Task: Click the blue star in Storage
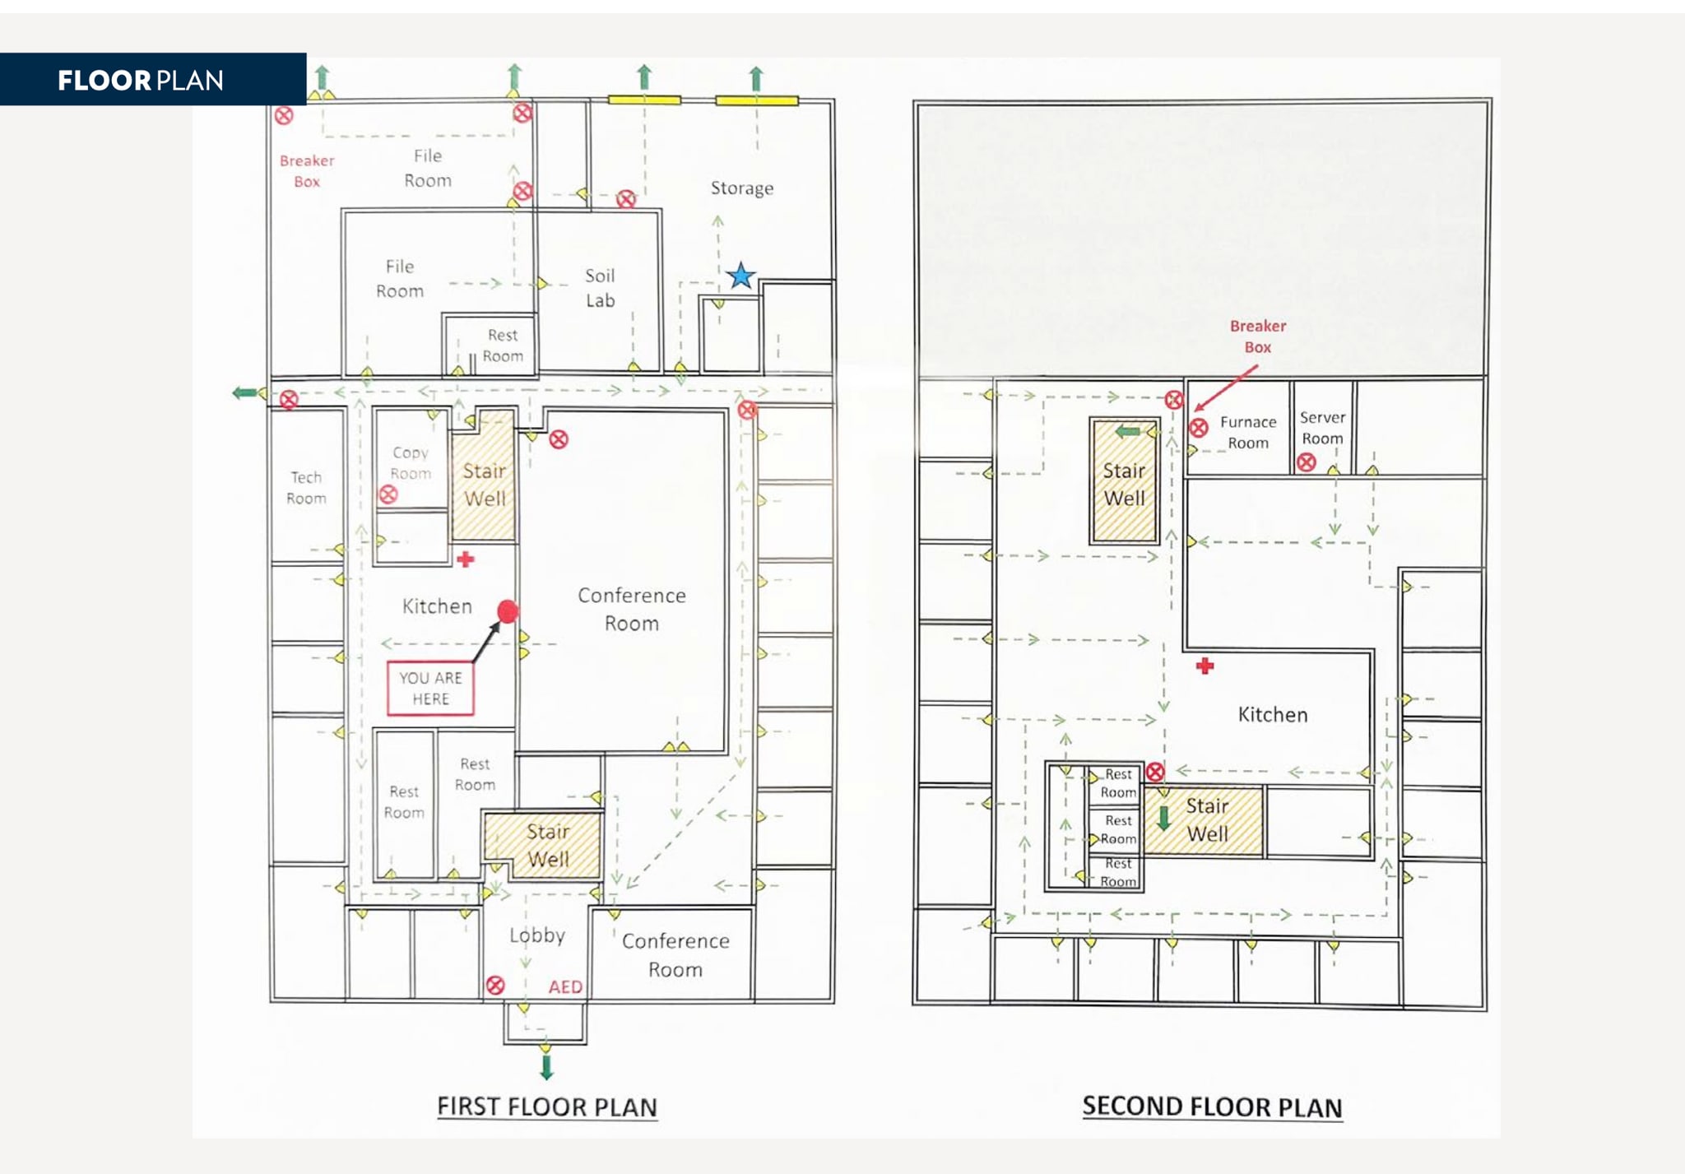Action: click(x=740, y=276)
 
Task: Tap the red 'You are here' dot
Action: click(x=508, y=611)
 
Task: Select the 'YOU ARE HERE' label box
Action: click(x=430, y=688)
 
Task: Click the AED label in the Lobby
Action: click(x=565, y=986)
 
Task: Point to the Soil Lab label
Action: click(x=600, y=288)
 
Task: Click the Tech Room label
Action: click(x=306, y=488)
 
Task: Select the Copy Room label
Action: click(x=411, y=463)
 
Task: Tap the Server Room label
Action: click(x=1322, y=428)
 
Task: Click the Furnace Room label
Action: click(x=1248, y=432)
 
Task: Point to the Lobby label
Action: click(x=536, y=935)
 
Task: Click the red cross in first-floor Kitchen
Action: click(x=466, y=559)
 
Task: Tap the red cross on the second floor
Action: click(x=1205, y=666)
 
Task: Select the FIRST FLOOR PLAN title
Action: click(x=546, y=1107)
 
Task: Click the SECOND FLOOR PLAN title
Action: click(x=1212, y=1107)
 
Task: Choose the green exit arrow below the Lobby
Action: click(x=546, y=1068)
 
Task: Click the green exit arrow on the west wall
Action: click(x=244, y=393)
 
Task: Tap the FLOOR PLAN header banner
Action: click(x=152, y=80)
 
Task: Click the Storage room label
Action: click(x=741, y=188)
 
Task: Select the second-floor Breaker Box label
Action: click(x=1257, y=336)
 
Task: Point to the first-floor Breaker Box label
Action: click(x=307, y=171)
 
